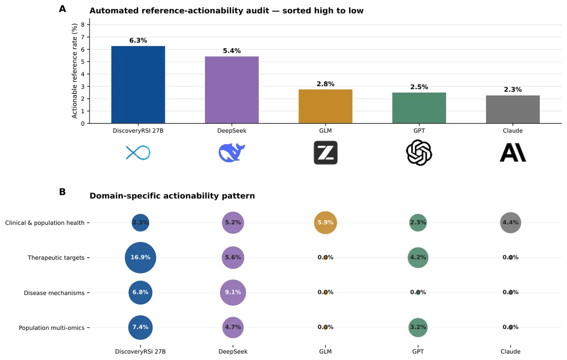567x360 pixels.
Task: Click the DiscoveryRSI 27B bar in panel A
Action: [x=138, y=85]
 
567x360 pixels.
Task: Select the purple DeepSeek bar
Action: [x=232, y=90]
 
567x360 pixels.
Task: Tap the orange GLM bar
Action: [x=325, y=106]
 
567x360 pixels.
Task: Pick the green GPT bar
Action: [x=419, y=108]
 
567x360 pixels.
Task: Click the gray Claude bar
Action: [x=513, y=109]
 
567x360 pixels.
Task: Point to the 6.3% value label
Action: [x=138, y=40]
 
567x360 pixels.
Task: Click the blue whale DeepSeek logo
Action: [x=232, y=153]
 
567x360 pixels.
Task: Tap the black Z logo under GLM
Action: [x=326, y=153]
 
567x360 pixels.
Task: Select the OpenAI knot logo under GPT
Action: [x=419, y=153]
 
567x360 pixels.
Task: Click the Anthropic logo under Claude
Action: [x=513, y=152]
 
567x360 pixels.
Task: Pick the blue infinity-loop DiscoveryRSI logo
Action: [x=138, y=153]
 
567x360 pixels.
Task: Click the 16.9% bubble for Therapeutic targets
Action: [x=140, y=258]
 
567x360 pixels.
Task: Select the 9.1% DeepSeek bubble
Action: [x=233, y=292]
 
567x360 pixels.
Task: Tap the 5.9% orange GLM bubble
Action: [x=326, y=223]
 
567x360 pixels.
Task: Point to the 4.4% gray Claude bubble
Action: [x=511, y=223]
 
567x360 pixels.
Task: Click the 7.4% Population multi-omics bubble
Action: [x=140, y=327]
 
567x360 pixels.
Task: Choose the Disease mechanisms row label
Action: [x=54, y=293]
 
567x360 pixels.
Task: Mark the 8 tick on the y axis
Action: [x=83, y=24]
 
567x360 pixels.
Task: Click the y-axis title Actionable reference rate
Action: [x=74, y=71]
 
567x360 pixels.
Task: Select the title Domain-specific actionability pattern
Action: [x=172, y=196]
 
